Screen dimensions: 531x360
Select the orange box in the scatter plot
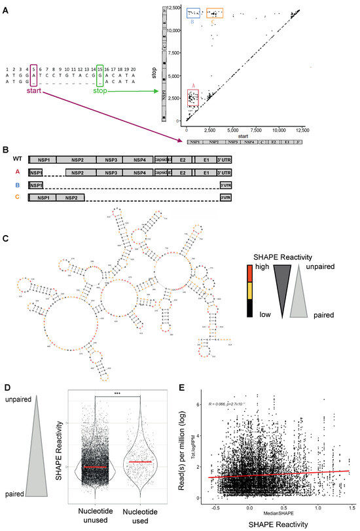point(215,13)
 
